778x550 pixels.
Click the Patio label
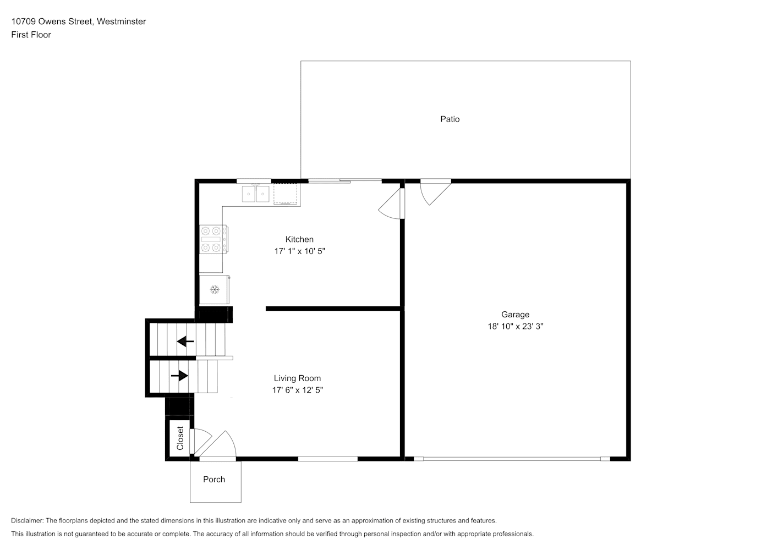click(x=450, y=119)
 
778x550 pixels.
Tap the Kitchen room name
click(x=299, y=239)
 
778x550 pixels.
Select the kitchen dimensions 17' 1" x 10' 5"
click(x=299, y=251)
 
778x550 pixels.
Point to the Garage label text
click(x=515, y=315)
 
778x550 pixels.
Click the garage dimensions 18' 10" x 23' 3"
click(x=515, y=326)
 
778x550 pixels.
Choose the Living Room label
click(x=297, y=378)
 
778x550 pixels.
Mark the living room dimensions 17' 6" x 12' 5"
click(x=297, y=390)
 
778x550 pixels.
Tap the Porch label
click(x=214, y=480)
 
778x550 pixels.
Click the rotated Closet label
click(x=180, y=438)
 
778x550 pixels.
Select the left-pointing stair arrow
click(x=185, y=342)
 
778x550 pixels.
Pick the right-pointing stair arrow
click(x=179, y=376)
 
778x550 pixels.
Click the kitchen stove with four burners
click(x=213, y=239)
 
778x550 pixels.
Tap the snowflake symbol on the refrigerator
click(x=215, y=290)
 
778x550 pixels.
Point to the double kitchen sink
click(x=256, y=194)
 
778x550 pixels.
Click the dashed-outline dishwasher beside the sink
click(x=286, y=194)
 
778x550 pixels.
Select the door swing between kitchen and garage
click(x=391, y=204)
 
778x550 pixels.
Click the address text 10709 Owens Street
click(x=52, y=21)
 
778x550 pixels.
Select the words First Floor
click(x=31, y=35)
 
